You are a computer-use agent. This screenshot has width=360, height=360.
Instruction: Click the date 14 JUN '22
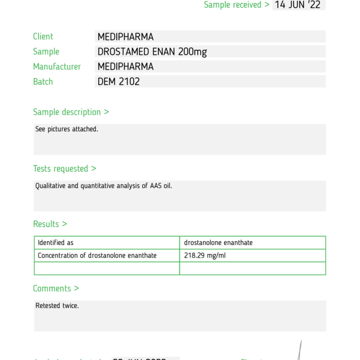click(x=298, y=5)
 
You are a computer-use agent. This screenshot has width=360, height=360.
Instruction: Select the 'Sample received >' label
click(x=237, y=5)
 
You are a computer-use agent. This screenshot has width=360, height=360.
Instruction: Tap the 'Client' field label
click(x=43, y=37)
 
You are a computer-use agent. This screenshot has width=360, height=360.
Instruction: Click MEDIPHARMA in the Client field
click(x=125, y=37)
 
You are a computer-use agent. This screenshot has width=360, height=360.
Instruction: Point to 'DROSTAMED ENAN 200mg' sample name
click(x=152, y=51)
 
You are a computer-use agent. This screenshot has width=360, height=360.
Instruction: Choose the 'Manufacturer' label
click(x=57, y=66)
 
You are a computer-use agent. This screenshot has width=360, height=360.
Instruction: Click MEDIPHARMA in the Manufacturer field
click(x=125, y=66)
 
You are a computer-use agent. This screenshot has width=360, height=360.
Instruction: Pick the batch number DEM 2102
click(x=119, y=81)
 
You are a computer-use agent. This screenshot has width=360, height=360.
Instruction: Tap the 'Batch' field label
click(x=43, y=81)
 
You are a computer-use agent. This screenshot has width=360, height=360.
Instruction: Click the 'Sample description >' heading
click(x=71, y=112)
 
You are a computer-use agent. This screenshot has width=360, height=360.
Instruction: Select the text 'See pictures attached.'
click(x=67, y=129)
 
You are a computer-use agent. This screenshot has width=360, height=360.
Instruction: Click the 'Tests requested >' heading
click(x=65, y=169)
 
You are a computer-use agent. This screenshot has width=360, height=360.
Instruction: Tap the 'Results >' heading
click(x=50, y=224)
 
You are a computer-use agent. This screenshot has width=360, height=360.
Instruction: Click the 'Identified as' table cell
click(x=56, y=243)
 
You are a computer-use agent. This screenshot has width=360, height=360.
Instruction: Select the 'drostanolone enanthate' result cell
click(x=219, y=243)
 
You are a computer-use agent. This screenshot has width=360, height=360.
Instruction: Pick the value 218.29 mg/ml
click(x=204, y=255)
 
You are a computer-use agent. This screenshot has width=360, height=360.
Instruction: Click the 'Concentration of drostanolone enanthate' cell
click(x=97, y=255)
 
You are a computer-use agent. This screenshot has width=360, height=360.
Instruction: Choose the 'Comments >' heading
click(x=56, y=289)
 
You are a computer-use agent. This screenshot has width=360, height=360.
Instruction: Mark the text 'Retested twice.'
click(x=57, y=305)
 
